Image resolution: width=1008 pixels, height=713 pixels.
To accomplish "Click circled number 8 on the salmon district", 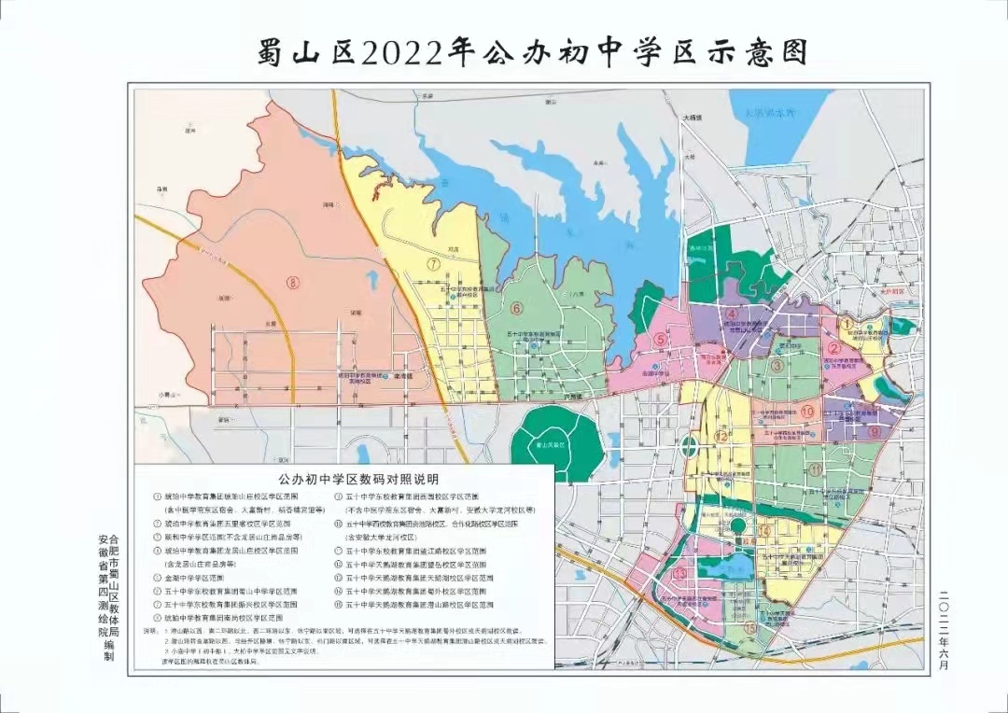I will click(x=294, y=284).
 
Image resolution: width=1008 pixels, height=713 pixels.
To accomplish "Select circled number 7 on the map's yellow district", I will click(x=433, y=264).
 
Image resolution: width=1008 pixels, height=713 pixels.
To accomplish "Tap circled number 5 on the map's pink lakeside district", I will click(x=660, y=341).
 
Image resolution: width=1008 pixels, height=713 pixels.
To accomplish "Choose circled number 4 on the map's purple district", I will click(x=735, y=315).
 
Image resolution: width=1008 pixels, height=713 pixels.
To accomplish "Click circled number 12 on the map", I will click(x=721, y=436).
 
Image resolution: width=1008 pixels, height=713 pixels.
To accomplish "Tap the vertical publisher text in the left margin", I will click(x=108, y=597).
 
